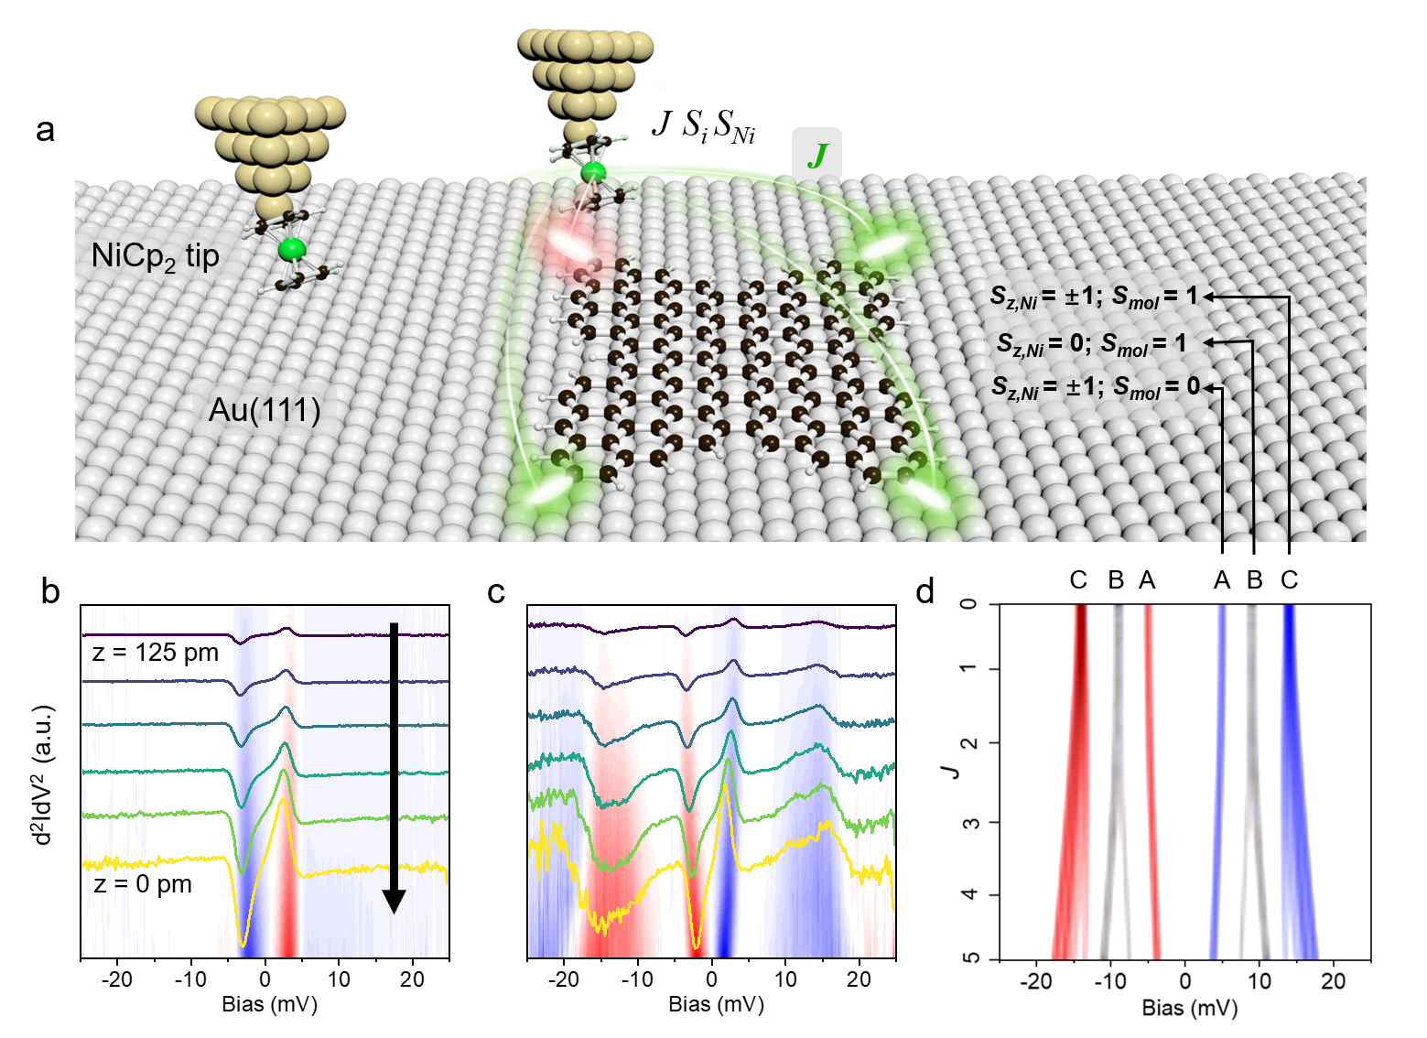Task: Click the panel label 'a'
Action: click(x=45, y=130)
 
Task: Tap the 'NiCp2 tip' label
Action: click(x=155, y=256)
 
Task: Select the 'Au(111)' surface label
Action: click(x=265, y=410)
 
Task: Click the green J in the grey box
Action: click(x=816, y=156)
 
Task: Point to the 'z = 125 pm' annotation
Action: click(x=156, y=653)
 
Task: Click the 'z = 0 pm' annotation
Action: click(x=143, y=885)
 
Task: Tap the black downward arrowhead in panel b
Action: click(x=394, y=901)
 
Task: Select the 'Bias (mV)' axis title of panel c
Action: click(x=716, y=1004)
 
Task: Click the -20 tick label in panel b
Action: click(x=116, y=979)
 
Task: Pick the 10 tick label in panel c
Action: click(x=785, y=979)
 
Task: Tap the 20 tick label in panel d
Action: click(x=1333, y=981)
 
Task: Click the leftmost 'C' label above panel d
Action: click(x=1078, y=580)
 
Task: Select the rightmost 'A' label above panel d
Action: click(x=1222, y=580)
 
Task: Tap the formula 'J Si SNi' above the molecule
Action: click(x=703, y=126)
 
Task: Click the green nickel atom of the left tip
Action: click(x=292, y=248)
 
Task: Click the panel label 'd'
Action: click(x=925, y=592)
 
